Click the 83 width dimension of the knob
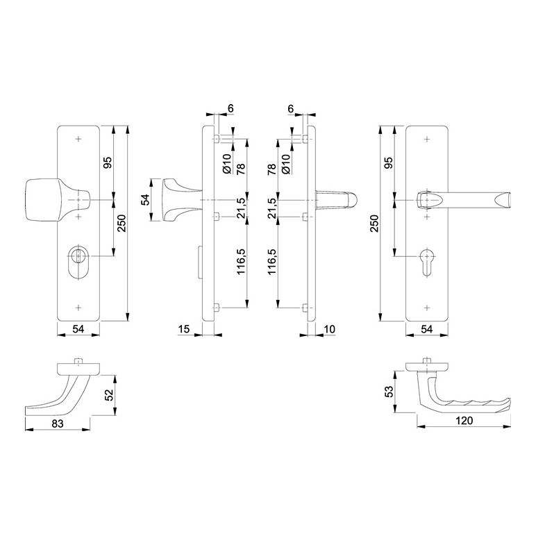pyautogui.click(x=58, y=424)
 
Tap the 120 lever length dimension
pyautogui.click(x=464, y=421)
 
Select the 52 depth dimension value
pyautogui.click(x=109, y=395)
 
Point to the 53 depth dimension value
pyautogui.click(x=389, y=392)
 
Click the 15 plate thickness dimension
pyautogui.click(x=184, y=329)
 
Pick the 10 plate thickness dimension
pyautogui.click(x=329, y=329)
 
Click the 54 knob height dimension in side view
pyautogui.click(x=146, y=200)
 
